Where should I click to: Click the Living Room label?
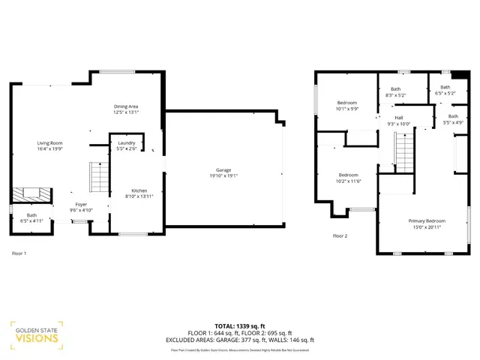click(51, 142)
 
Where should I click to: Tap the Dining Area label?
click(126, 106)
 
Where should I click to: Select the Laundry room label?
click(126, 142)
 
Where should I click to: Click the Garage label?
click(223, 170)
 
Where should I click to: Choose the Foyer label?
click(81, 204)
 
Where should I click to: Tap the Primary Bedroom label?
click(427, 221)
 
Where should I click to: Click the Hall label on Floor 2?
click(399, 118)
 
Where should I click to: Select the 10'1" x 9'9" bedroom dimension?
click(347, 109)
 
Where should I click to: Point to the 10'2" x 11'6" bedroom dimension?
click(348, 181)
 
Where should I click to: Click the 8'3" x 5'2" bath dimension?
click(395, 95)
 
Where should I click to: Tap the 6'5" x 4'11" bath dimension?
click(31, 221)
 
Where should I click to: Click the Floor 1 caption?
click(19, 253)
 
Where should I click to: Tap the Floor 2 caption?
click(340, 235)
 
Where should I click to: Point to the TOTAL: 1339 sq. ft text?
click(241, 326)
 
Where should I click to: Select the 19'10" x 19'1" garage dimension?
click(223, 176)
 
